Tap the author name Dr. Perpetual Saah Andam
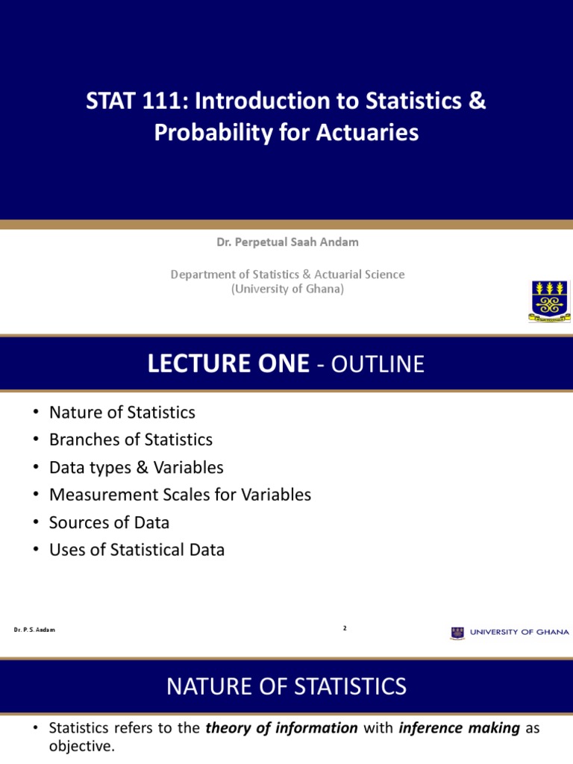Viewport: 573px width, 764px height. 287,242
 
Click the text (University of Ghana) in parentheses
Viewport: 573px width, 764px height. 287,289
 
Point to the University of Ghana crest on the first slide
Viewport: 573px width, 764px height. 548,301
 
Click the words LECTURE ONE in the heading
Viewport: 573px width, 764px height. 228,363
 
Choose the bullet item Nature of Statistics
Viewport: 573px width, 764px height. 122,412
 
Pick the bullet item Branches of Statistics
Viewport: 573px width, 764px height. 131,439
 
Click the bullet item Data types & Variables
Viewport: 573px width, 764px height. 136,467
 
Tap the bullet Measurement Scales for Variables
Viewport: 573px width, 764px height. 180,495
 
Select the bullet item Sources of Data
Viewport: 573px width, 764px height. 109,522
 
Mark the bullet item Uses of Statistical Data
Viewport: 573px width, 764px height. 137,550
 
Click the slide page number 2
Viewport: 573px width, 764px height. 345,628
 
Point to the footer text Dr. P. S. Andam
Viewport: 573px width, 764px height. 34,630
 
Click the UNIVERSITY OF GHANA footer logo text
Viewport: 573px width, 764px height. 519,632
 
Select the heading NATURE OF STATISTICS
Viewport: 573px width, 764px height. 286,686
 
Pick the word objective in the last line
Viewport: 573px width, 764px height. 81,746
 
